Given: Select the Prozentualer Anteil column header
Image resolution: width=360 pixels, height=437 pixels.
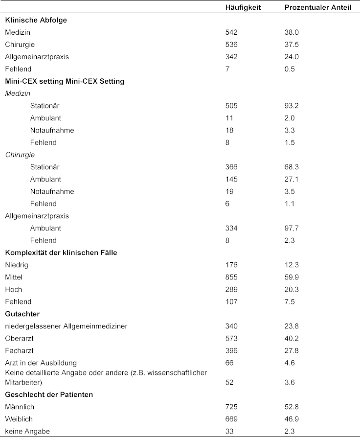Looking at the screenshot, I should tap(317, 8).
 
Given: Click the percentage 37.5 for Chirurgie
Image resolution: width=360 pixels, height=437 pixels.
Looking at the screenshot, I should tap(292, 45).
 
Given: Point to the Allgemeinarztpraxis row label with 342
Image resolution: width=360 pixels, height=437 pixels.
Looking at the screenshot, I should tap(37, 57).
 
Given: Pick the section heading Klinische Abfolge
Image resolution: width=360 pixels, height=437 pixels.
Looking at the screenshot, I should tap(36, 21).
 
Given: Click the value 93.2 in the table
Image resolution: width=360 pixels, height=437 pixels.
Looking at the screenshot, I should tap(292, 106).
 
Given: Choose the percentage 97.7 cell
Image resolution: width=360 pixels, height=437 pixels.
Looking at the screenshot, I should tap(292, 228).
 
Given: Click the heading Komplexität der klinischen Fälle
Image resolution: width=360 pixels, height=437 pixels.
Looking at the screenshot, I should tap(67, 253).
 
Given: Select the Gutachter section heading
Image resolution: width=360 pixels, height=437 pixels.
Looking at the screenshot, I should tap(22, 314).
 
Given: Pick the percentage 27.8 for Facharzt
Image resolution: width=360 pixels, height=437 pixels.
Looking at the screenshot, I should tap(292, 350).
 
